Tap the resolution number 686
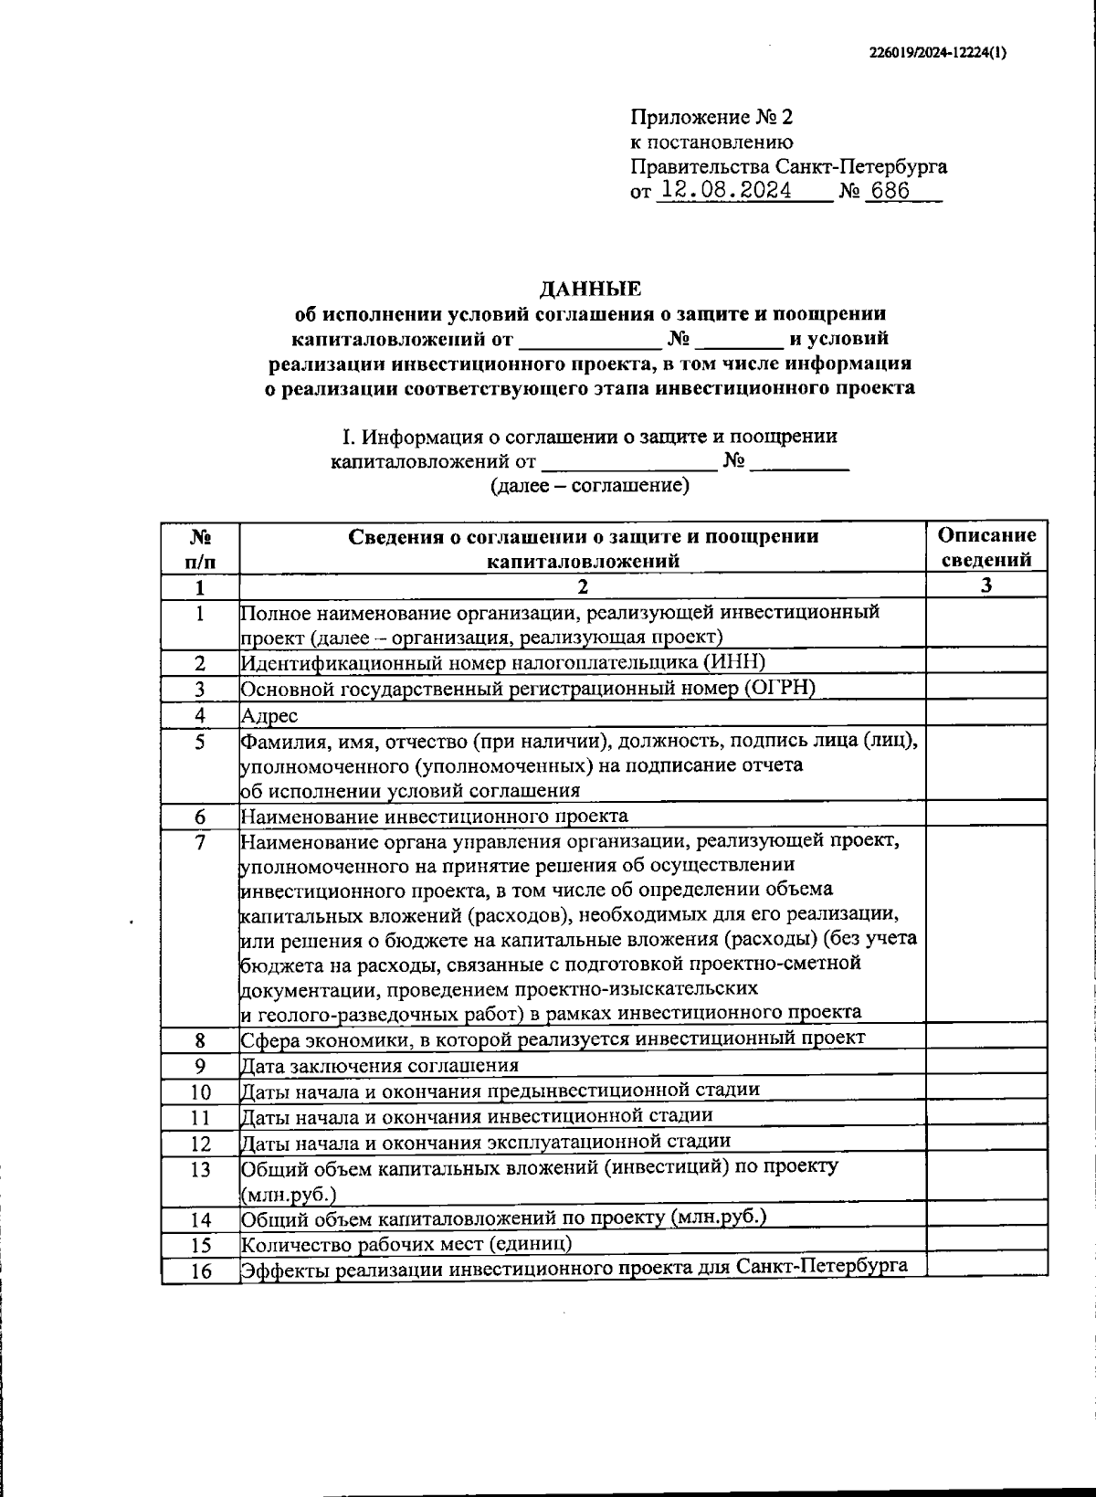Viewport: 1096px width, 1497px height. pyautogui.click(x=890, y=191)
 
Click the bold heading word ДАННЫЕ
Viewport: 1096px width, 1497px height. pyautogui.click(x=590, y=290)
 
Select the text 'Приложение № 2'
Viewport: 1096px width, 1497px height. pyautogui.click(x=712, y=118)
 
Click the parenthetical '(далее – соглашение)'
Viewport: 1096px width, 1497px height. pyautogui.click(x=589, y=485)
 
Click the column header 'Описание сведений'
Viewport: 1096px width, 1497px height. pyautogui.click(x=986, y=547)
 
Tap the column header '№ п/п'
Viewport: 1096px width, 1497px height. pyautogui.click(x=201, y=548)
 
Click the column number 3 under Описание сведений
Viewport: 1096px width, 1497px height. pyautogui.click(x=986, y=586)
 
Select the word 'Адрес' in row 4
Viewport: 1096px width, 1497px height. pyautogui.click(x=269, y=715)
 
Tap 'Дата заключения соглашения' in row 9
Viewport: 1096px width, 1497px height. pyautogui.click(x=379, y=1066)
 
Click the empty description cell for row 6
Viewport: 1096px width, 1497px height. pyautogui.click(x=986, y=815)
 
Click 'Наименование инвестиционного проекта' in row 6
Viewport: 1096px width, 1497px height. pyautogui.click(x=434, y=816)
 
